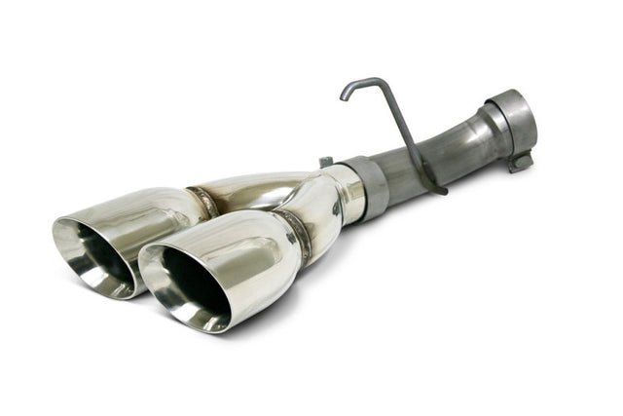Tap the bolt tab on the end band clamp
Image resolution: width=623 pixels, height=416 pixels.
[x=520, y=160]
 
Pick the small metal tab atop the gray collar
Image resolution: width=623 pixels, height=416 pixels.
[x=325, y=162]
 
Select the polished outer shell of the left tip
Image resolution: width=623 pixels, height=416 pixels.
[x=146, y=209]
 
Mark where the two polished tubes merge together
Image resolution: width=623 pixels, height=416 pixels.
[x=292, y=190]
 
